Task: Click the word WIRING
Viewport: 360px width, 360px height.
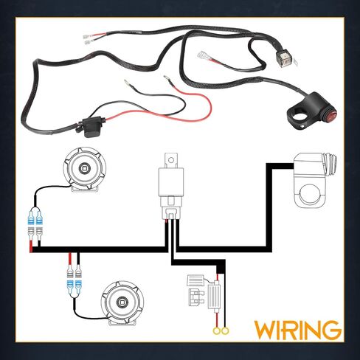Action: click(x=297, y=330)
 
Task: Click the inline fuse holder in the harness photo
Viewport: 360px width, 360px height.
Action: click(x=91, y=127)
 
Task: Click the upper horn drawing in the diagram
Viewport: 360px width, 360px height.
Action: click(x=85, y=170)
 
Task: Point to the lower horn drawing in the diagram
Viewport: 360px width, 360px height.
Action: click(x=122, y=303)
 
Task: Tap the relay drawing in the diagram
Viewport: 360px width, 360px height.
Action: click(x=171, y=186)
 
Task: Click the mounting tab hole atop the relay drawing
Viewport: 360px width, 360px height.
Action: click(x=171, y=160)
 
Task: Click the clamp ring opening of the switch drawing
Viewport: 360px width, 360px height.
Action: click(x=309, y=194)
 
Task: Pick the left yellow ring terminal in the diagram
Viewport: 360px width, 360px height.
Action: click(x=217, y=331)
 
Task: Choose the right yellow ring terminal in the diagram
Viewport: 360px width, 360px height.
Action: click(x=225, y=331)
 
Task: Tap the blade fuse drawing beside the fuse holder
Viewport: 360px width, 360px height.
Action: click(x=196, y=297)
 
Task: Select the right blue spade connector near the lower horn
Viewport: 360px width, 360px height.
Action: click(x=78, y=285)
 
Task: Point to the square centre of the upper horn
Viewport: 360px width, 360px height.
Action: click(x=85, y=168)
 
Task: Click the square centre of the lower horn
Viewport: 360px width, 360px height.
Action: click(x=122, y=302)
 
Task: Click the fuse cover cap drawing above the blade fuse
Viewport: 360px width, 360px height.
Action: click(x=195, y=280)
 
